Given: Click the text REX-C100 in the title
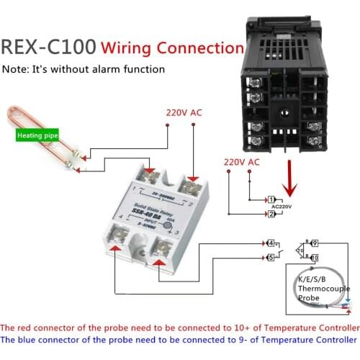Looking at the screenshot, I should (x=48, y=48).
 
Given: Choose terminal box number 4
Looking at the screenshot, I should (x=271, y=243).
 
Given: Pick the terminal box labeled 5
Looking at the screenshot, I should (x=271, y=256).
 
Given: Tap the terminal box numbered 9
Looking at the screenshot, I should (x=315, y=243).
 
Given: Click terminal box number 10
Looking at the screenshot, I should (x=315, y=256).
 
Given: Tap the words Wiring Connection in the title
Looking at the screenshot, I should (x=172, y=48).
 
